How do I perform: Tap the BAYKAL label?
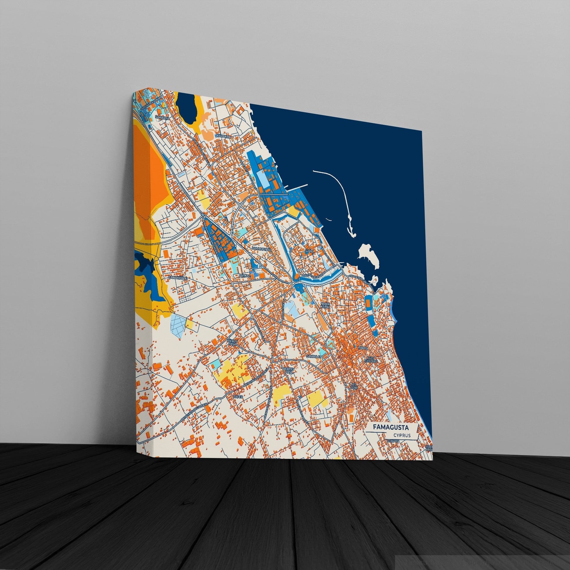tap(245, 275)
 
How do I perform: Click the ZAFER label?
tap(238, 397)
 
